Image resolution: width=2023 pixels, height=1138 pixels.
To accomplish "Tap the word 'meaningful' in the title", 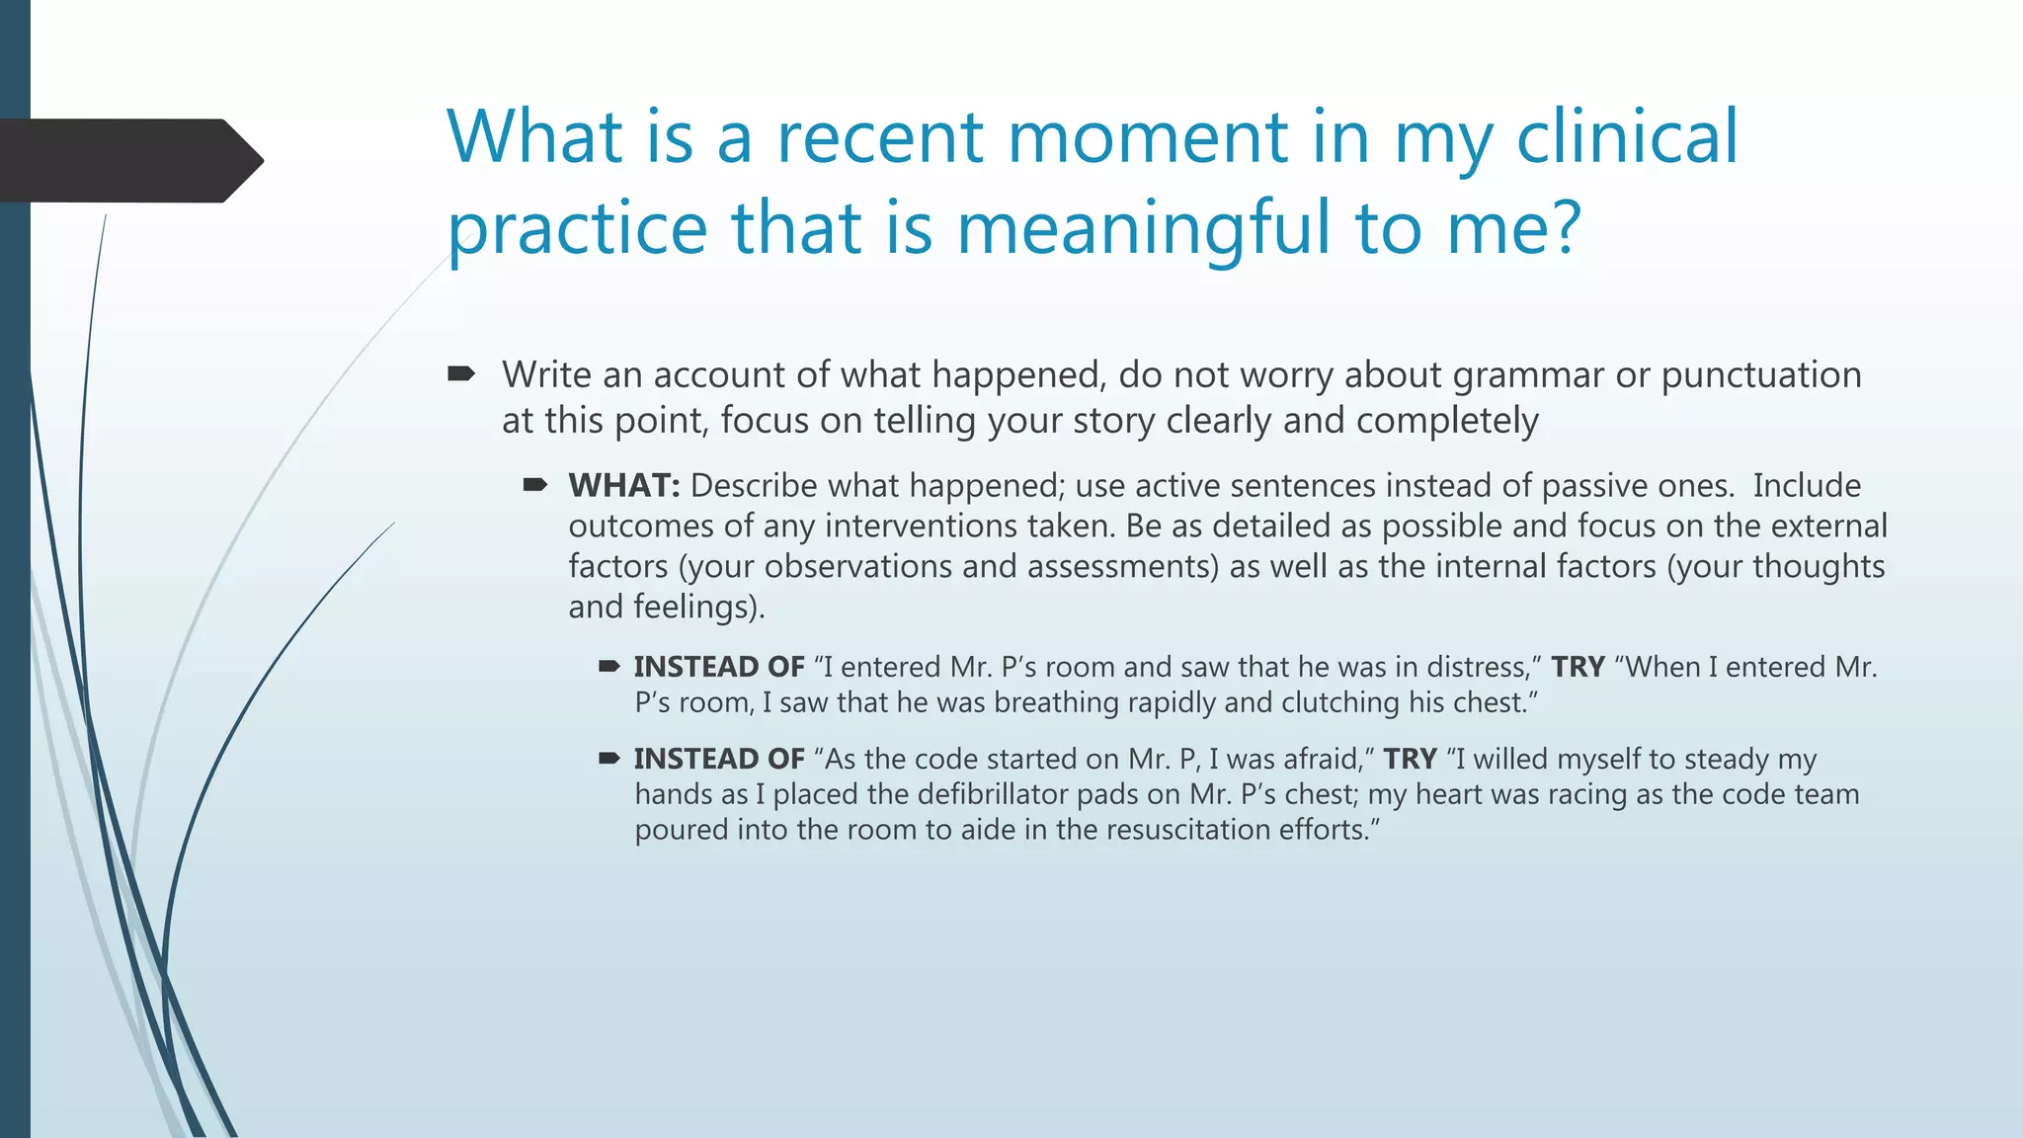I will pos(1144,228).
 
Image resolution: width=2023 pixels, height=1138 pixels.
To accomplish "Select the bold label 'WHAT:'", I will pos(624,486).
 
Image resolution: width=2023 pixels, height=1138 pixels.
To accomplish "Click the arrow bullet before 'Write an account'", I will pos(461,374).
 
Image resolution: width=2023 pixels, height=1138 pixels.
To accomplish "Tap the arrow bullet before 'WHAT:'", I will pos(535,485).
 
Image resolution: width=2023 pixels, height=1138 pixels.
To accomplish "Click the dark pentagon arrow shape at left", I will pos(128,161).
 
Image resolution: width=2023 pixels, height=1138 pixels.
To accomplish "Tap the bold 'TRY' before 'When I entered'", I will pos(1578,668).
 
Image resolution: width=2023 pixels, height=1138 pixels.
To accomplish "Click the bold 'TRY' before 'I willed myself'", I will pos(1410,760).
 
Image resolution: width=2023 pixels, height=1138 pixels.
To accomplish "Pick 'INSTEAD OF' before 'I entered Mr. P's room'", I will pos(719,668).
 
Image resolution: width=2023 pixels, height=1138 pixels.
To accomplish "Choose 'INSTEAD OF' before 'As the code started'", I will pos(719,760).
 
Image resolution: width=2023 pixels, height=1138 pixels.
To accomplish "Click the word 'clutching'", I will pos(1339,703).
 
